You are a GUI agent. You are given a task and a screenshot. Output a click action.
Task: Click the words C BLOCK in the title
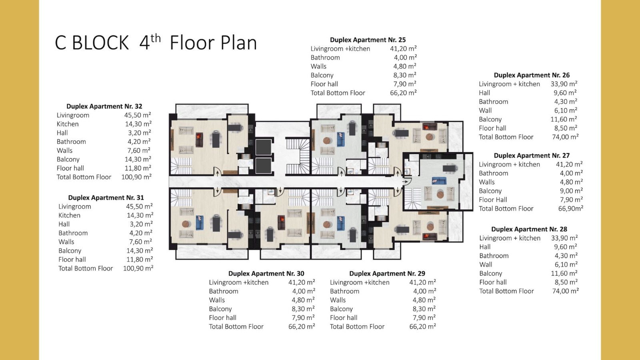92,43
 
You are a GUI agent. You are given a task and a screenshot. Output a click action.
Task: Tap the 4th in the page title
150,42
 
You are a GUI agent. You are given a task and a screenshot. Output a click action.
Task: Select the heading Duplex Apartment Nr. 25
368,40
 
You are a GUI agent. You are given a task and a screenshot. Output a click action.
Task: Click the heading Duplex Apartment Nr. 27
532,156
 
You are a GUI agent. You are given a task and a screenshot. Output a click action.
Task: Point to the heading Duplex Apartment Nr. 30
266,274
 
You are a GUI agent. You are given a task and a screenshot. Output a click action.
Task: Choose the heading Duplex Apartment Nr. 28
529,229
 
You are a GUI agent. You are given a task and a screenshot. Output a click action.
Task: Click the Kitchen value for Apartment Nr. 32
138,124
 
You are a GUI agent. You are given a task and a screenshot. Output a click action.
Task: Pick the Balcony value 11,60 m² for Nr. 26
564,119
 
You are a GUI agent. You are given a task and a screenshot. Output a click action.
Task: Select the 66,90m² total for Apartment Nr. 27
570,208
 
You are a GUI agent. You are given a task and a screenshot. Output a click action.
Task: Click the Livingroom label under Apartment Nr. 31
74,206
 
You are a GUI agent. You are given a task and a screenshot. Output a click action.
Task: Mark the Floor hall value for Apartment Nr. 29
424,318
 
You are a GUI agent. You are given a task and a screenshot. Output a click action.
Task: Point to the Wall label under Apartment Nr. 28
486,264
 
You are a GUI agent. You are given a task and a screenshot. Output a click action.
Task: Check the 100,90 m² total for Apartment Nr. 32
136,177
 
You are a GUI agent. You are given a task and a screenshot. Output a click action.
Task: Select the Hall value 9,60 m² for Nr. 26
565,92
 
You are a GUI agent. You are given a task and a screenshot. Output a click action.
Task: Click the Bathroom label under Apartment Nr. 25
325,58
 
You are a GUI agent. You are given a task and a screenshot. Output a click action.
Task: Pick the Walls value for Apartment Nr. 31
140,242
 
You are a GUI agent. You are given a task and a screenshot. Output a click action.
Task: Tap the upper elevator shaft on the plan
264,147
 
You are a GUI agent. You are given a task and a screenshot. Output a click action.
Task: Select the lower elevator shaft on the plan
264,166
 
